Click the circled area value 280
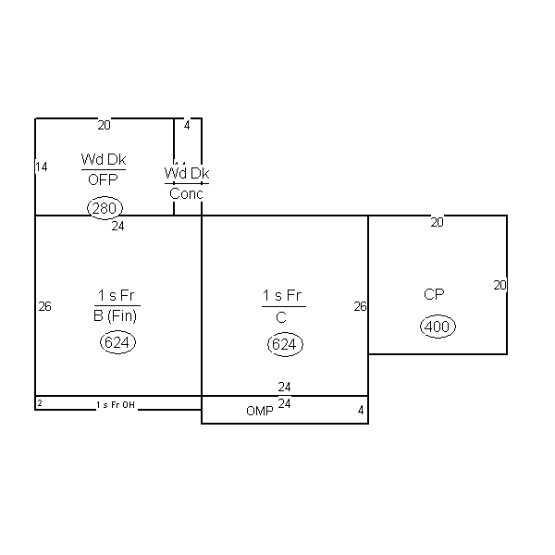click(x=105, y=208)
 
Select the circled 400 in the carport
click(x=438, y=326)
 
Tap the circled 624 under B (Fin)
click(x=117, y=342)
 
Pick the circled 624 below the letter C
click(x=285, y=344)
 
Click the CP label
click(x=434, y=294)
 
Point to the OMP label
click(x=259, y=411)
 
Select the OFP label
click(x=103, y=180)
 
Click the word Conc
click(x=186, y=193)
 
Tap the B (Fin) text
click(x=116, y=315)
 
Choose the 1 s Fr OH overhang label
click(x=116, y=404)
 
